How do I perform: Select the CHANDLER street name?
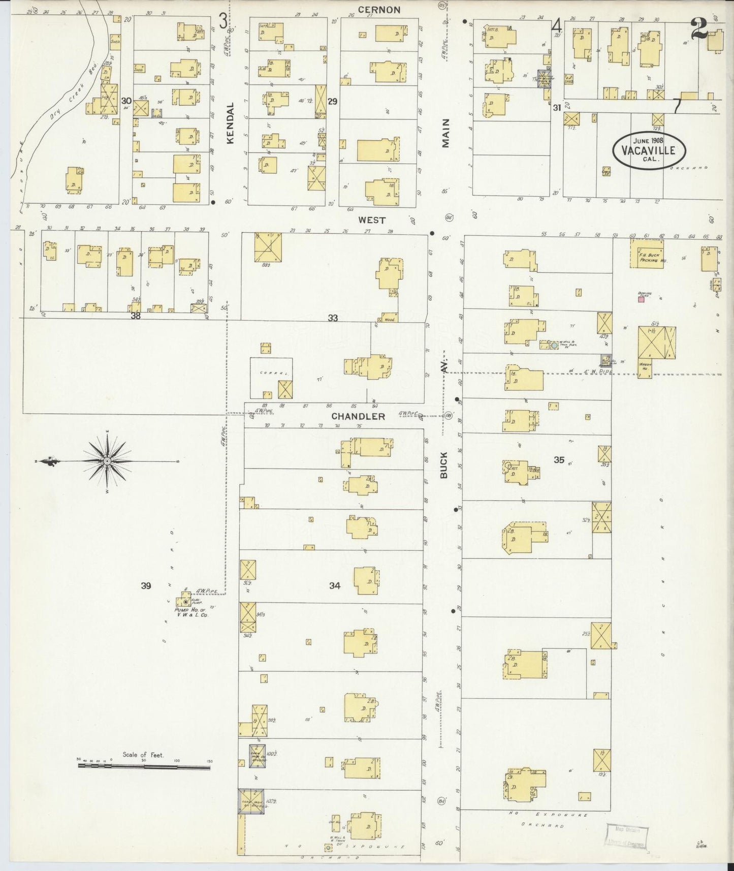click(358, 416)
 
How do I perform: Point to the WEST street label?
click(372, 220)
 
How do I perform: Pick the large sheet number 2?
click(700, 28)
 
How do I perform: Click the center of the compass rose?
click(107, 461)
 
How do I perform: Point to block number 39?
click(146, 586)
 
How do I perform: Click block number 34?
click(334, 585)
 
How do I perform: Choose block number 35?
click(559, 460)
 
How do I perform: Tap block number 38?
click(135, 316)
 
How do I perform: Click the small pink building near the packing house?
click(641, 299)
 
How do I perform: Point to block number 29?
click(332, 102)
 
